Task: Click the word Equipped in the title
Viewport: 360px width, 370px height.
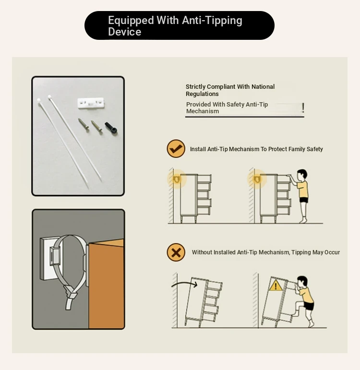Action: (131, 21)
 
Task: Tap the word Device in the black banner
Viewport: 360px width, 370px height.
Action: (124, 32)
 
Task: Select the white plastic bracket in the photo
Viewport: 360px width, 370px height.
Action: (91, 103)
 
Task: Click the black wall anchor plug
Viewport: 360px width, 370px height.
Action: (111, 128)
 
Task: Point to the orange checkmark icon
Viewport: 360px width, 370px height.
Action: (176, 149)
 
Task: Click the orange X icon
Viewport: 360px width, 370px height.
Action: (176, 252)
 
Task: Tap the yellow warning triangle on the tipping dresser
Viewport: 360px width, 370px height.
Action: (276, 286)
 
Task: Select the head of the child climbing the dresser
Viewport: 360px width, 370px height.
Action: (302, 282)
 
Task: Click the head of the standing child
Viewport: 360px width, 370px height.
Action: (302, 175)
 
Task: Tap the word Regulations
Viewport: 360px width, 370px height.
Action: (202, 94)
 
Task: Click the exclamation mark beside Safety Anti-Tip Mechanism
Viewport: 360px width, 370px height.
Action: (303, 107)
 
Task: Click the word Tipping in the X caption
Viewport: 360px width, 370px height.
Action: (301, 252)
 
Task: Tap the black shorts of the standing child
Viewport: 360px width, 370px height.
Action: (303, 200)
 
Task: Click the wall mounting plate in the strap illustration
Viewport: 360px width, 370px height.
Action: (48, 258)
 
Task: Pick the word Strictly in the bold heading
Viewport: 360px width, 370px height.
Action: (195, 87)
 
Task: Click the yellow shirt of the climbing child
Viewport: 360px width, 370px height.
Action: (307, 295)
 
